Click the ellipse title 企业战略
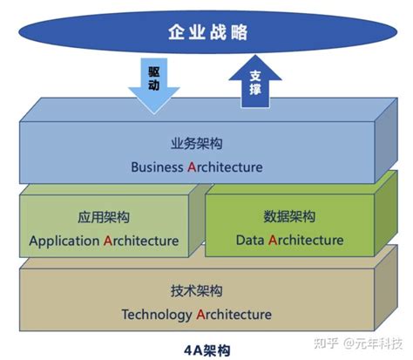pyautogui.click(x=207, y=33)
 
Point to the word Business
pyautogui.click(x=157, y=166)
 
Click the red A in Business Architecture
pyautogui.click(x=192, y=166)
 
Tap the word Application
pyautogui.click(x=64, y=240)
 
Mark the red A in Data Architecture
pyautogui.click(x=273, y=240)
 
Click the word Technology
pyautogui.click(x=158, y=314)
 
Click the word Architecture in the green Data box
pyautogui.click(x=306, y=240)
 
